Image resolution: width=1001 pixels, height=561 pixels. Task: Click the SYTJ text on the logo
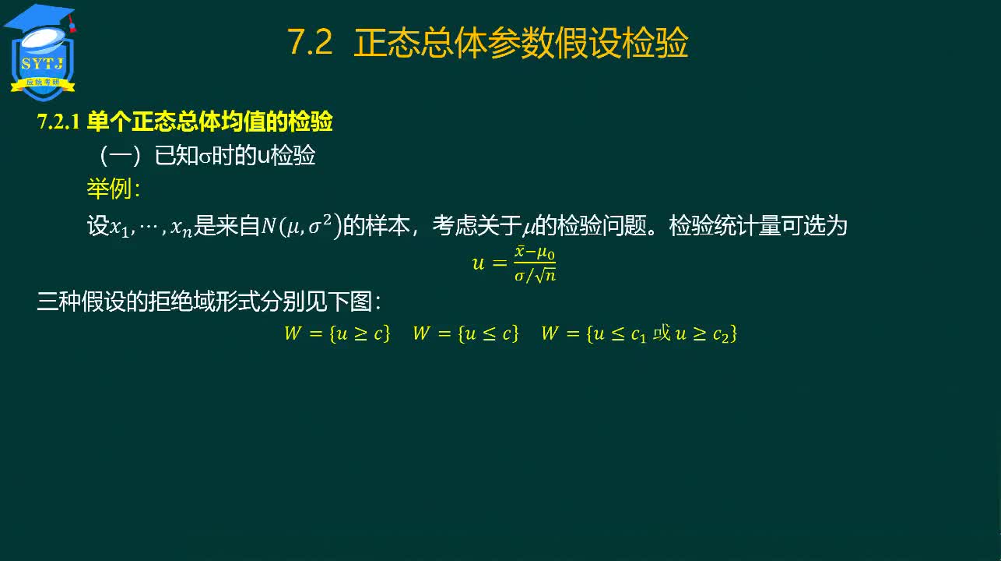coord(43,64)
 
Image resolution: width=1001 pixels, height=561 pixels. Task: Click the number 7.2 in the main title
coord(310,43)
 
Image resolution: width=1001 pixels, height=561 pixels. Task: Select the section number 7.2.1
coord(58,122)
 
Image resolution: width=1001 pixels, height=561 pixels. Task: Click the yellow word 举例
coord(109,189)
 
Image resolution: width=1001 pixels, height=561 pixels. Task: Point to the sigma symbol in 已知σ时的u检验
coord(205,157)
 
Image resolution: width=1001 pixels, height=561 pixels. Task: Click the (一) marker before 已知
coord(120,156)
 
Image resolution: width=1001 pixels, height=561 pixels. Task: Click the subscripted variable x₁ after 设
coord(119,228)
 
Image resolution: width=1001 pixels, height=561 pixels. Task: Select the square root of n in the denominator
coord(546,274)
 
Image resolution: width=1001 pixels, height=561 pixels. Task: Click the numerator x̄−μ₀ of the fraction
coord(535,252)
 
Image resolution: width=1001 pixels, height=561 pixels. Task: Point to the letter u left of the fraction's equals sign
coord(478,263)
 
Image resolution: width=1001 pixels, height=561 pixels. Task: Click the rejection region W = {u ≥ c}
coord(337,333)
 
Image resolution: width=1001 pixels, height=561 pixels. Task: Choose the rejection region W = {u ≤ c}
coord(465,333)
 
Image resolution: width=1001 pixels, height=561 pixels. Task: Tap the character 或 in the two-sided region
coord(662,333)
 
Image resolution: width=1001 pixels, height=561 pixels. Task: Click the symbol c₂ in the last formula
coord(721,334)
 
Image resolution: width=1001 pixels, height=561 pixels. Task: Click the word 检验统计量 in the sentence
coord(725,225)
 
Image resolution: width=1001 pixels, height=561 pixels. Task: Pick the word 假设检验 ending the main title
coord(621,43)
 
